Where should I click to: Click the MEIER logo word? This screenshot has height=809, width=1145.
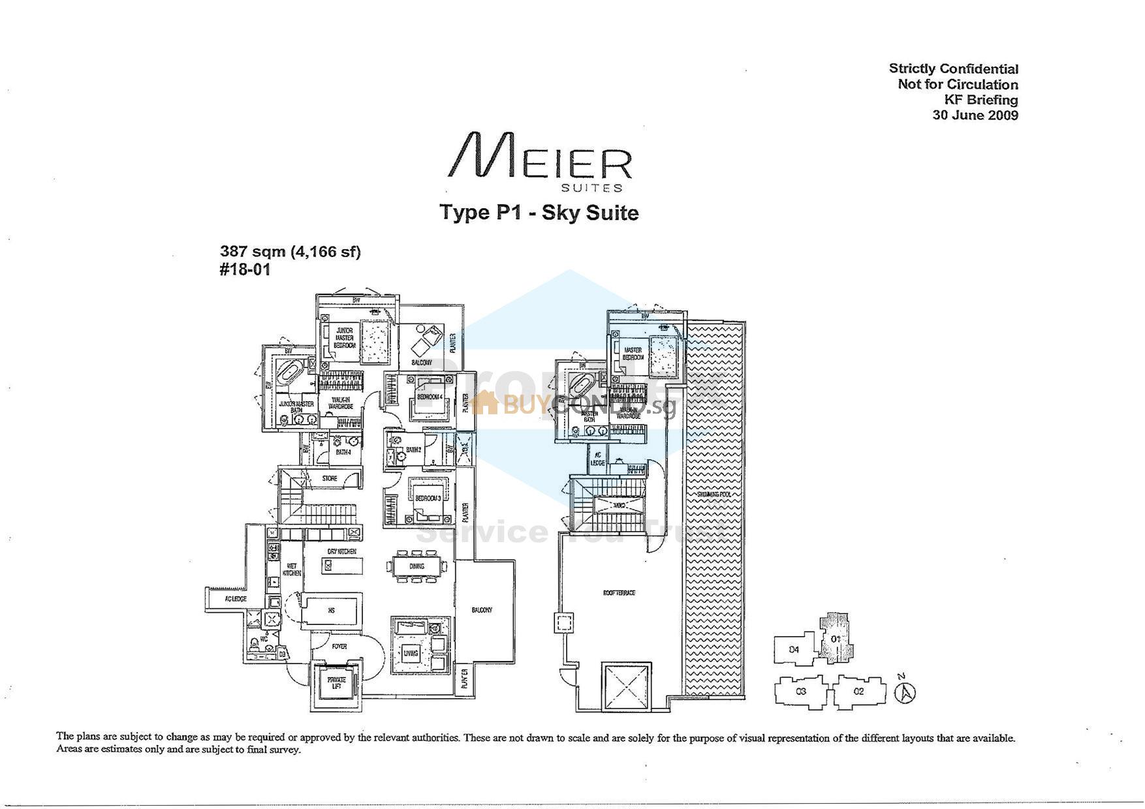539,157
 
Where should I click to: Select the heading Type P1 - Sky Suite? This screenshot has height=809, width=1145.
539,213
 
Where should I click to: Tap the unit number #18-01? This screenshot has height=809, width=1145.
245,269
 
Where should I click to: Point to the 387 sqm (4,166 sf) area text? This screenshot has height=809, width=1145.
290,251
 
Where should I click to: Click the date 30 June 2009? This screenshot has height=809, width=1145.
975,115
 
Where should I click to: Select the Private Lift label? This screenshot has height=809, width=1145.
336,683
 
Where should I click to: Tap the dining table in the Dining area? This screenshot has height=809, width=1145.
416,566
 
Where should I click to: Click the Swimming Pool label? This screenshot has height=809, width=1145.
714,495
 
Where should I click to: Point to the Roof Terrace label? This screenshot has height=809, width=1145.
619,593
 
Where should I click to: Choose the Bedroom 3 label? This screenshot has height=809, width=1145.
428,498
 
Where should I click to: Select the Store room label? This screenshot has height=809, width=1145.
330,478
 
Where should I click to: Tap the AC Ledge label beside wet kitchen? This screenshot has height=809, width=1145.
236,599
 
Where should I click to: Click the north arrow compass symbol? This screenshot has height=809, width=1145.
905,692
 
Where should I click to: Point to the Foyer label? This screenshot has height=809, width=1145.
339,647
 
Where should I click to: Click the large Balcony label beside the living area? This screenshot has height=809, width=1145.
482,610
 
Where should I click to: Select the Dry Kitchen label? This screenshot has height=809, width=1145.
341,552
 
